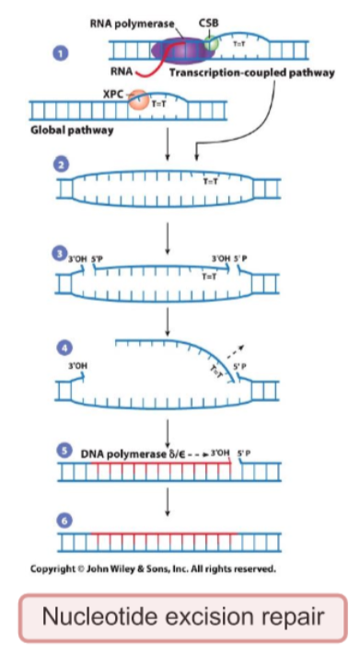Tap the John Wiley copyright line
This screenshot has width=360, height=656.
coord(153,568)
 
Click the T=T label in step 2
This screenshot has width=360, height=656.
coord(210,180)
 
